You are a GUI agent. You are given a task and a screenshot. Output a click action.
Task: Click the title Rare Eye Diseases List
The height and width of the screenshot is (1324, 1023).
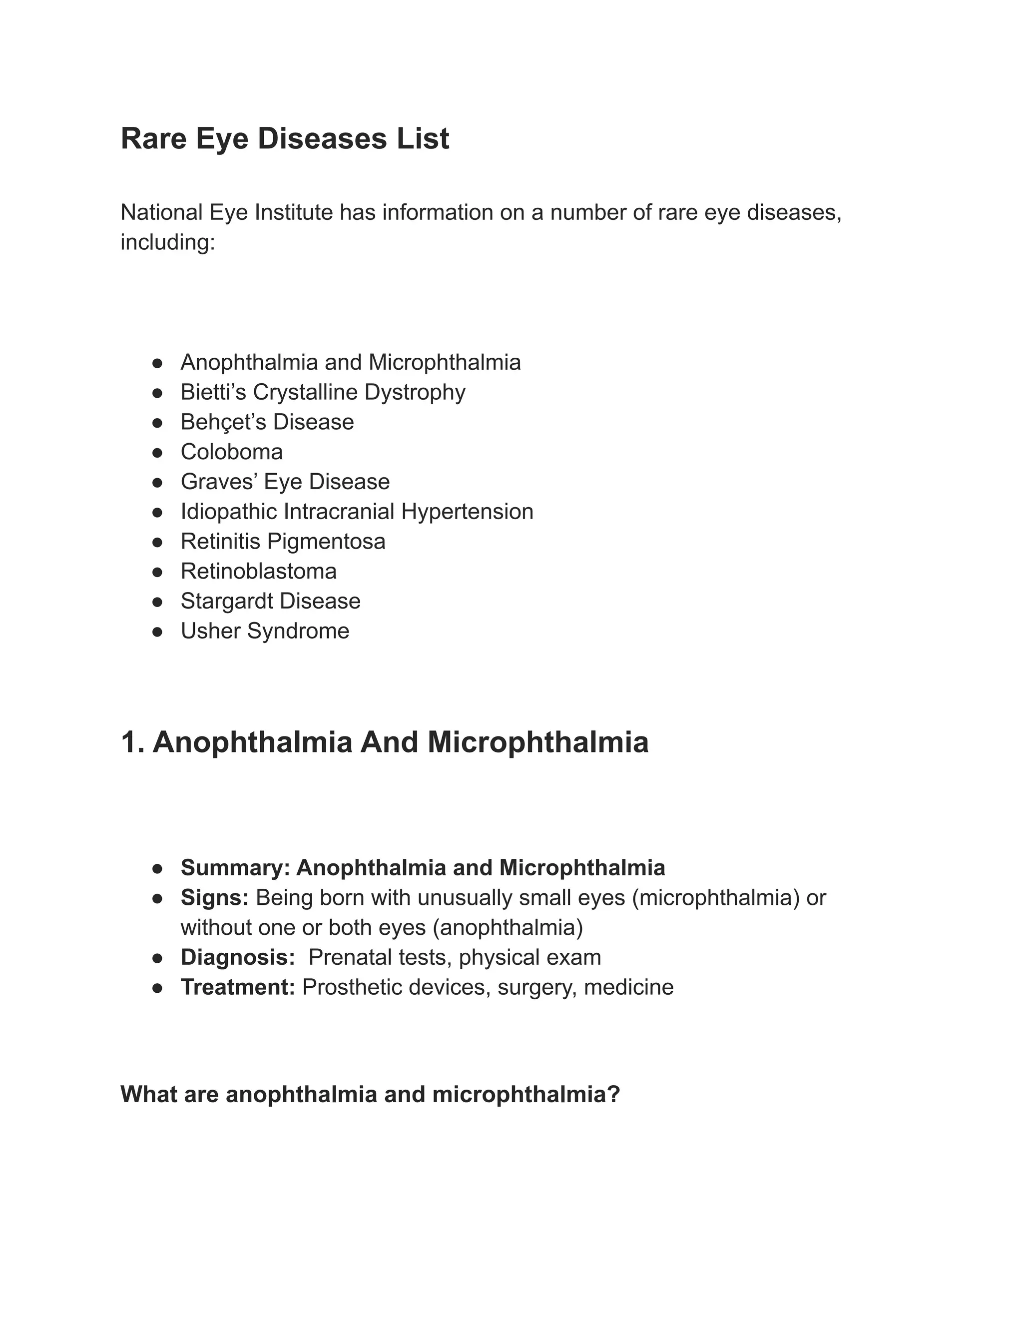285,139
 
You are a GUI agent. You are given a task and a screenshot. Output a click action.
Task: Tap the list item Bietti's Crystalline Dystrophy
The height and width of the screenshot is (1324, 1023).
323,392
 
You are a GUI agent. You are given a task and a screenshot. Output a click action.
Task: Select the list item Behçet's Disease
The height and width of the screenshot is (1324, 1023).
267,422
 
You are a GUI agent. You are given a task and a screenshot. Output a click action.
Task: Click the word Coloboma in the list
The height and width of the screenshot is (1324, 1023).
231,452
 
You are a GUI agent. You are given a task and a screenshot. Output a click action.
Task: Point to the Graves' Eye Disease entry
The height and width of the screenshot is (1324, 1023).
285,481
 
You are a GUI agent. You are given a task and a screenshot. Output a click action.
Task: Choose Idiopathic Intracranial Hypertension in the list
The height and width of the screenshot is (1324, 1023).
357,511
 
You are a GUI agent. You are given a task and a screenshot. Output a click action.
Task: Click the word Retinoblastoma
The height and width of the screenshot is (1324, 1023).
258,571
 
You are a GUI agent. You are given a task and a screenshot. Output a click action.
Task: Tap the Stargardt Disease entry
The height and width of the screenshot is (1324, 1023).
270,601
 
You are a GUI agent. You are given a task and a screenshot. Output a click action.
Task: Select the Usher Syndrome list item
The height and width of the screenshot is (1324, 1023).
265,631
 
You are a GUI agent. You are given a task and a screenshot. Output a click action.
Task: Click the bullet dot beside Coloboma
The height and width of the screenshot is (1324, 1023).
157,452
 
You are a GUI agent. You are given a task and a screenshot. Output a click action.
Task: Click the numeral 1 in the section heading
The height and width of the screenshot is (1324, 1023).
129,742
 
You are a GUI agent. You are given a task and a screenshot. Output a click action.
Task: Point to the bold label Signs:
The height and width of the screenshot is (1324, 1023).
214,898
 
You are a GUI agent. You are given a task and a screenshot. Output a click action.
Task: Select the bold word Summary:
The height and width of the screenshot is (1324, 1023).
235,868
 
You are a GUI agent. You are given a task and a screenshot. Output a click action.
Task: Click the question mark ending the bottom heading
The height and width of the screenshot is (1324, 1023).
613,1094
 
